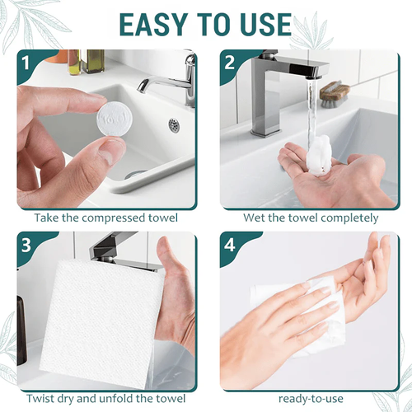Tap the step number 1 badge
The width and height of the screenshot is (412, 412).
pos(26,63)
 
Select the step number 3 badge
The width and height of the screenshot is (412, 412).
pos(26,245)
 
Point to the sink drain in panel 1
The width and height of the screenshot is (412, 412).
pos(174,125)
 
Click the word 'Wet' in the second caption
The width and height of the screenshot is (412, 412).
pos(255,218)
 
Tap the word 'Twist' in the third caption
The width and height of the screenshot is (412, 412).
pos(42,398)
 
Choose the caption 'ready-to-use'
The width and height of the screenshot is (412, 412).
pos(311,398)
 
